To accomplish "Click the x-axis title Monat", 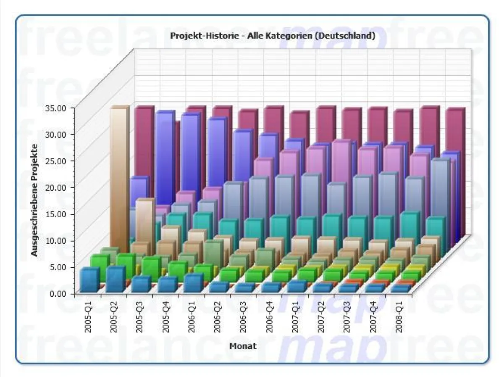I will [x=243, y=346].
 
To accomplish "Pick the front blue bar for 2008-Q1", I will [x=399, y=289].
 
